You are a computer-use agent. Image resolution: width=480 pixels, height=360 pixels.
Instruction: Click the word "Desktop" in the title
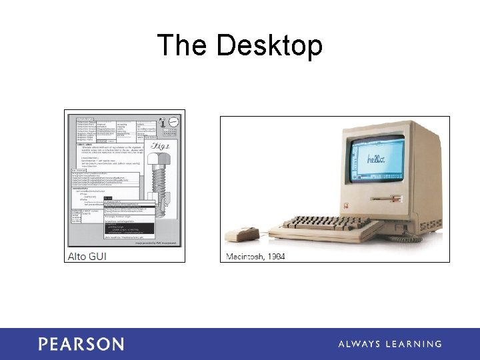click(269, 46)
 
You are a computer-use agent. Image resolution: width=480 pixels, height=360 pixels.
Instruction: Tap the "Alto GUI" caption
click(87, 256)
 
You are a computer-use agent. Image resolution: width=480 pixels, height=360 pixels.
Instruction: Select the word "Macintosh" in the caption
click(247, 257)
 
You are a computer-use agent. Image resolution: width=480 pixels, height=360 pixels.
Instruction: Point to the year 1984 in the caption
click(276, 257)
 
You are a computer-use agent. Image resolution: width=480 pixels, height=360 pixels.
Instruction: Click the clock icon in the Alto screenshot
click(173, 123)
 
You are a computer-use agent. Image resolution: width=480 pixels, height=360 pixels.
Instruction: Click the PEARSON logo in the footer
click(81, 344)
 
